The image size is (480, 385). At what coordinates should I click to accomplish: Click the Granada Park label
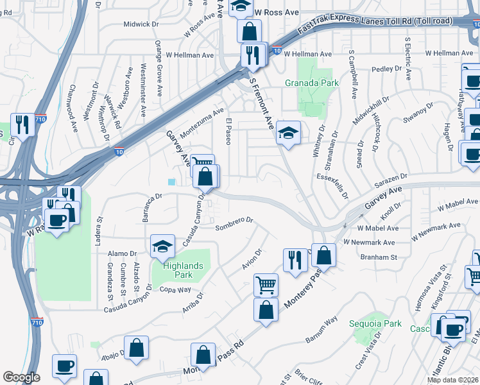[311, 83]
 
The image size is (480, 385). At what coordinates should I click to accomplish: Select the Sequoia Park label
[375, 323]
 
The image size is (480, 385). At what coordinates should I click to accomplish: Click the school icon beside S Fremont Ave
[288, 133]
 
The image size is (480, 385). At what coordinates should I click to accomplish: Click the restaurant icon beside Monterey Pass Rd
[295, 260]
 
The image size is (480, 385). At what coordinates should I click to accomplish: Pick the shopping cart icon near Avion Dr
[266, 284]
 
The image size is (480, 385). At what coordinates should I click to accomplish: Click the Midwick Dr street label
[141, 24]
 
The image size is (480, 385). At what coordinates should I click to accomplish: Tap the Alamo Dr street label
[122, 253]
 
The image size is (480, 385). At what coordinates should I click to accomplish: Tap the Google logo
[21, 377]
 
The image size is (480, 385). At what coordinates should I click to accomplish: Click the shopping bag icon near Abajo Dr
[137, 348]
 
